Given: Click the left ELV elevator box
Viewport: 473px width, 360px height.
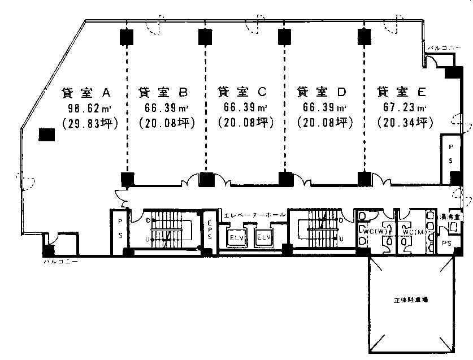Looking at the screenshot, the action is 236,237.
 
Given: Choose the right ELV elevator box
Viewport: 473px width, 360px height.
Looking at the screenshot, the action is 264,237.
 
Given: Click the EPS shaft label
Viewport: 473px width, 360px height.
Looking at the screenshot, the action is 209,229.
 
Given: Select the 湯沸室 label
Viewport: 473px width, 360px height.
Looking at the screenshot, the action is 453,216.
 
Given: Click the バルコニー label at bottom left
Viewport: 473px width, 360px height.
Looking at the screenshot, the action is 60,262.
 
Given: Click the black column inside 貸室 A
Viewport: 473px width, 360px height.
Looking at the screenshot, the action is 46,135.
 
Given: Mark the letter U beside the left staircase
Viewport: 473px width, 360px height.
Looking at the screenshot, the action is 149,238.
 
